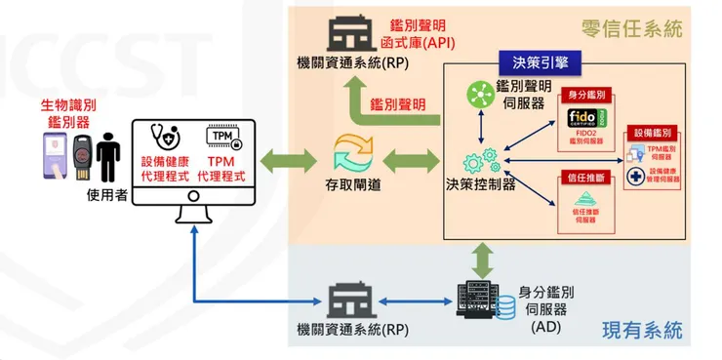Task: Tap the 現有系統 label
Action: pyautogui.click(x=650, y=331)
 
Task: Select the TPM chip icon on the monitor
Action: pyautogui.click(x=222, y=136)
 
